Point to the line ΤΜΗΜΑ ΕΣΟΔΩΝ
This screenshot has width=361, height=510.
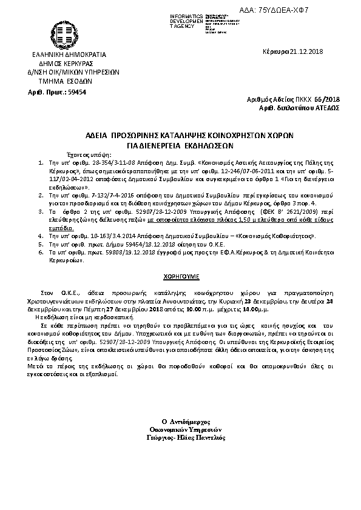tap(64, 79)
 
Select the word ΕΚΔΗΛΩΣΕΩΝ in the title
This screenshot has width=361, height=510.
tap(209, 146)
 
